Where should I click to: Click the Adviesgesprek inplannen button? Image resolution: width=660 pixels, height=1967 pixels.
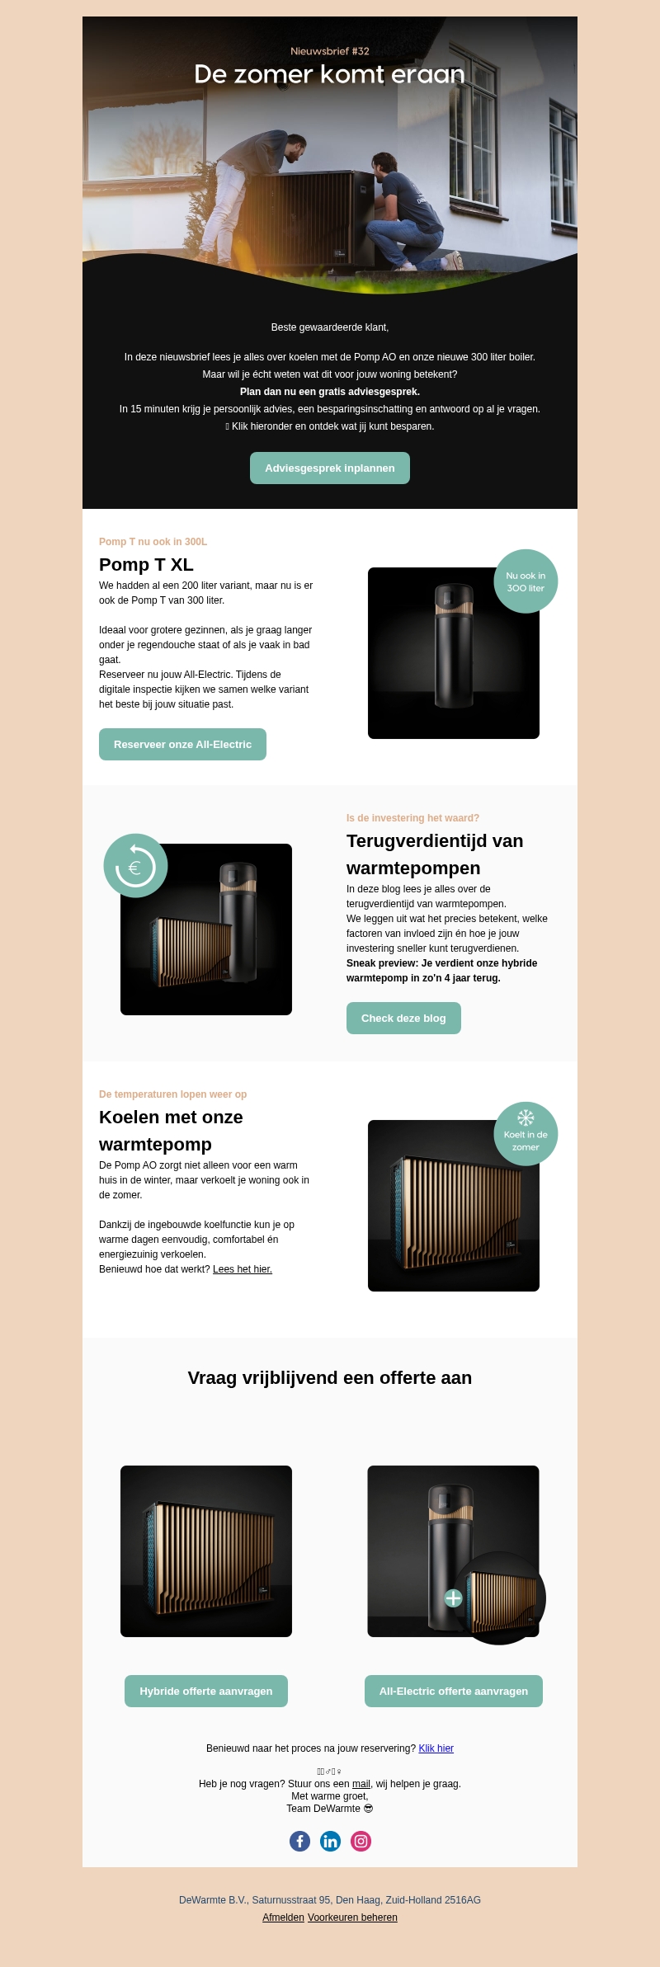point(329,468)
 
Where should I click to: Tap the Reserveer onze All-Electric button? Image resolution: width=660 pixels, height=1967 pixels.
point(182,744)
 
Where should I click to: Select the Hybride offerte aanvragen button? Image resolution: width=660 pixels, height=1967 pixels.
point(205,1691)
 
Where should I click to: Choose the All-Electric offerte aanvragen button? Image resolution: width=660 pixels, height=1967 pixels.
point(453,1691)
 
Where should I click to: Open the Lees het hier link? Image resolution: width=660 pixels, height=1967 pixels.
point(243,1269)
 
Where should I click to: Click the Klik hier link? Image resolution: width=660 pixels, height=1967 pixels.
point(436,1748)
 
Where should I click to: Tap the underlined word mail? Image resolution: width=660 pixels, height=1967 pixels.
point(361,1784)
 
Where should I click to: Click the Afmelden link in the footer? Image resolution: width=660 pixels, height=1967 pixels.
point(283,1918)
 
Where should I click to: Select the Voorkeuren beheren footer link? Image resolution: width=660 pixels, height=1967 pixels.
point(352,1918)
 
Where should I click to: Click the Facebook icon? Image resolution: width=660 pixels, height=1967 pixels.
point(299,1841)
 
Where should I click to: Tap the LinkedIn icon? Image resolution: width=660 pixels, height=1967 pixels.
point(330,1841)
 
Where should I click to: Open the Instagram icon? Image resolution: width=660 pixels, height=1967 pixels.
point(361,1841)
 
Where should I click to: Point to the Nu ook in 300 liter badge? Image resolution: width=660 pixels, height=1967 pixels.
point(526,581)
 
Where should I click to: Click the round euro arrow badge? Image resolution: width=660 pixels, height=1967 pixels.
point(135,866)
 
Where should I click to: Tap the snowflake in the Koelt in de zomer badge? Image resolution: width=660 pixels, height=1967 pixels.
point(526,1118)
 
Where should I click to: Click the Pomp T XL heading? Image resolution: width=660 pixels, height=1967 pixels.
point(146,565)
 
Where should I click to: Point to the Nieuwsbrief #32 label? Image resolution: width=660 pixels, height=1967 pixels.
point(329,51)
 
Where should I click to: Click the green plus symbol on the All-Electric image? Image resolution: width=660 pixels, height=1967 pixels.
point(453,1598)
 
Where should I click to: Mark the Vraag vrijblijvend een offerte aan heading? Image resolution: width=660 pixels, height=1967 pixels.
point(329,1378)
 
